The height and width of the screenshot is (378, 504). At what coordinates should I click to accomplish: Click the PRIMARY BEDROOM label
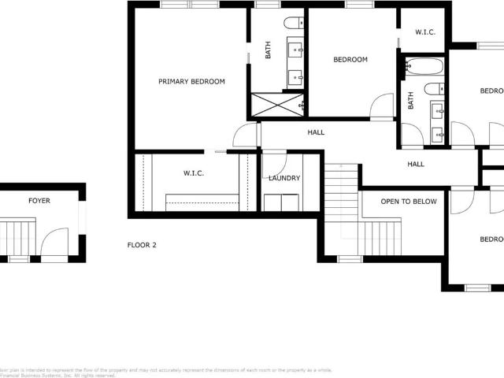tap(191, 82)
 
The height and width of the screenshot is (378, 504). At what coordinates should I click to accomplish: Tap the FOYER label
tap(39, 202)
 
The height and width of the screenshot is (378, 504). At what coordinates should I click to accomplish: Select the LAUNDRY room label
tap(284, 178)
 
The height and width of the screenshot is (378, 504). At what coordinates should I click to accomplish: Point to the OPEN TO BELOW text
tap(409, 202)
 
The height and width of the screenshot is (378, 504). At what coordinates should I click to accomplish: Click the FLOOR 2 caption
tap(142, 245)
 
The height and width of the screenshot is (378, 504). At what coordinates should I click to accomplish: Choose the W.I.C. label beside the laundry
tap(194, 173)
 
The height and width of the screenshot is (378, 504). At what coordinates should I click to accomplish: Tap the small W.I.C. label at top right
tap(425, 32)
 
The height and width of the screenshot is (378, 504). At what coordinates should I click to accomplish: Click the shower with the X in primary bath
tap(277, 105)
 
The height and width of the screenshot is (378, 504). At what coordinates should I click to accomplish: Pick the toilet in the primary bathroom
tap(294, 23)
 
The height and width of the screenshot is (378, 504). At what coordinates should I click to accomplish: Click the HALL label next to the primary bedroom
tap(316, 132)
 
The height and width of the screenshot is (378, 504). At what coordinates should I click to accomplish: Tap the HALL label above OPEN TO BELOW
tap(416, 165)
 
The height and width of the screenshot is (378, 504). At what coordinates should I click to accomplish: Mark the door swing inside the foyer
tap(54, 241)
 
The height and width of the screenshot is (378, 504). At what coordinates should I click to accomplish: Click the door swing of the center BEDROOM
tap(383, 107)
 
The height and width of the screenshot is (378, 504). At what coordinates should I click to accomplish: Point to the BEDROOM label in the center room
tap(350, 60)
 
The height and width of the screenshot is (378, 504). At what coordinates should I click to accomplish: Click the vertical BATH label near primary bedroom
tap(268, 50)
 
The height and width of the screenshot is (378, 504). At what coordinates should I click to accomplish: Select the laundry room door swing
tap(274, 164)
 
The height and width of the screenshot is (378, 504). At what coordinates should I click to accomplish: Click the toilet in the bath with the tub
tap(434, 89)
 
